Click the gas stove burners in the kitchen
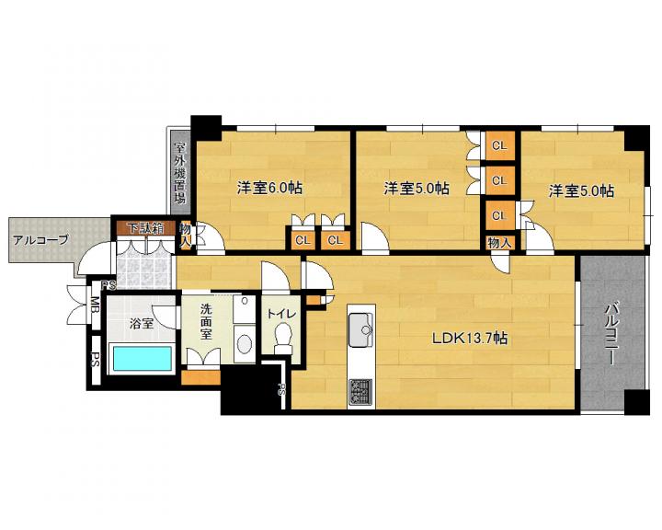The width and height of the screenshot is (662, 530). coord(361,393)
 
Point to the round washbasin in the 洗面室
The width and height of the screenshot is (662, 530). coord(244,344)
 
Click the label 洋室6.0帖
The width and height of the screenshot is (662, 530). coord(269,188)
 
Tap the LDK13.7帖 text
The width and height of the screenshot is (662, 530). coord(470,338)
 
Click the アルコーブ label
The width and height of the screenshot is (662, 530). coord(40,240)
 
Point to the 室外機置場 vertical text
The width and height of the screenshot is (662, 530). coord(180,173)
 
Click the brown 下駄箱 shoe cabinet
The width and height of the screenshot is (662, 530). coord(146,228)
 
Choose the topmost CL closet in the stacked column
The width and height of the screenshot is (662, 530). coord(499,145)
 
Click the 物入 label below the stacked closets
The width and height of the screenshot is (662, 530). coord(500,243)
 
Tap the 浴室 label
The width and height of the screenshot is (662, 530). coord(141,324)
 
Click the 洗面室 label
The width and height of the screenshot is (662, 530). coord(206,321)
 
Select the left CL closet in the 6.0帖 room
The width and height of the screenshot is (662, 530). coord(302,240)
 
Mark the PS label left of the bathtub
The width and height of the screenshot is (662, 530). coord(95,360)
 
